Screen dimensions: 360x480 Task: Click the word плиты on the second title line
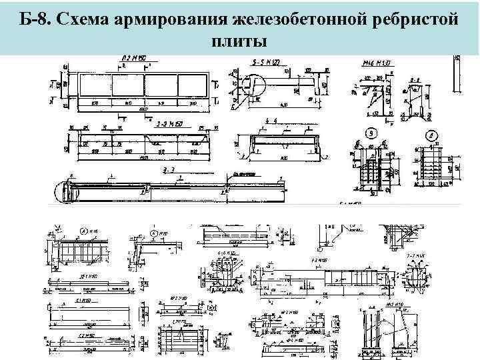[239, 41]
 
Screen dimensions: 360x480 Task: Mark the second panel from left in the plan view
[129, 86]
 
